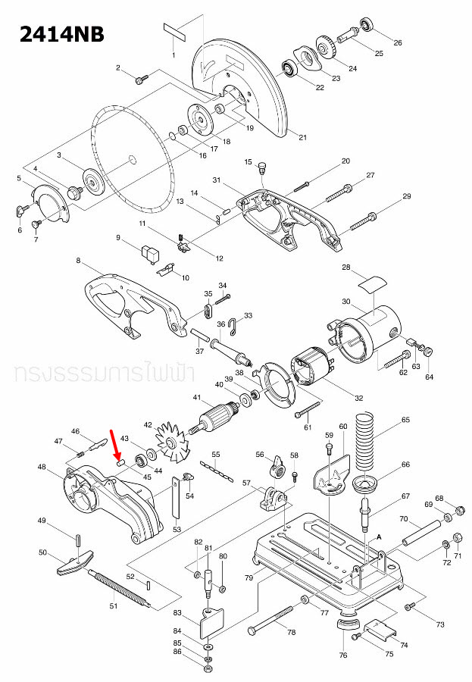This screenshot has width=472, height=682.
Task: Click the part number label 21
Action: (302, 137)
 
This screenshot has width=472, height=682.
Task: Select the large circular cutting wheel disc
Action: (133, 159)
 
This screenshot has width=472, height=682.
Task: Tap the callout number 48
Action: (42, 467)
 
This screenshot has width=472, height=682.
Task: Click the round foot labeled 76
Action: (347, 627)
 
